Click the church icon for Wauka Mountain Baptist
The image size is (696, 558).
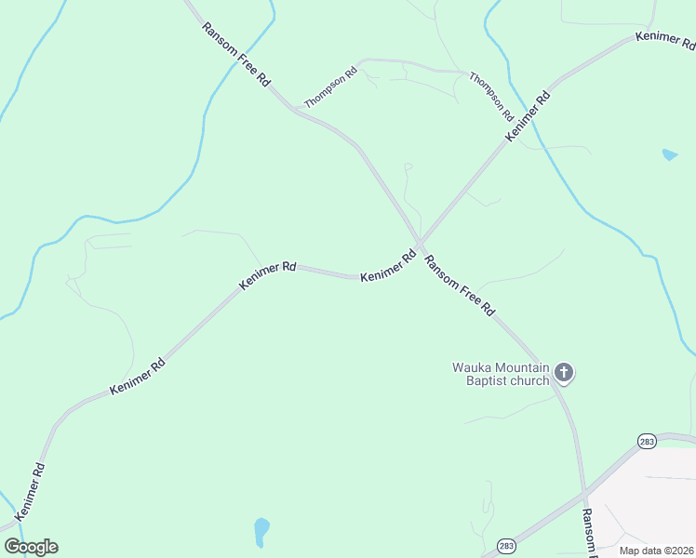coord(563,374)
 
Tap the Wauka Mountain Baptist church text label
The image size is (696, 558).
coord(502,374)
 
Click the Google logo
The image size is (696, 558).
coord(31,547)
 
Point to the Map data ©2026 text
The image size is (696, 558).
coord(656,551)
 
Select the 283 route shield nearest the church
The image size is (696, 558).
coord(647,441)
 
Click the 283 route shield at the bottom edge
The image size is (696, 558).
coord(505,545)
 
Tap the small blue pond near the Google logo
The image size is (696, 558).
coord(261,531)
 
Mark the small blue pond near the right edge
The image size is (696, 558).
coord(669,154)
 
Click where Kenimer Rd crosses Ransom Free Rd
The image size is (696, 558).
coord(420,245)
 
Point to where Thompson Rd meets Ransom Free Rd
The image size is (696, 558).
coord(297,110)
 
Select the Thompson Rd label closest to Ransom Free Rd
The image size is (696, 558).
coord(331,87)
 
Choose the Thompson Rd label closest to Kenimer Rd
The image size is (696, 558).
coord(491,97)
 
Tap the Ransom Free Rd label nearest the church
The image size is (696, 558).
coord(460,287)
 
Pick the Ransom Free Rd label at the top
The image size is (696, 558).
coord(235,55)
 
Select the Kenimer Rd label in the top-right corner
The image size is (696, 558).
coord(664,40)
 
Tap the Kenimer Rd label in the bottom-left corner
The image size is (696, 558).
coord(30,491)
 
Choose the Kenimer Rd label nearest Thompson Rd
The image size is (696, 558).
coord(528,116)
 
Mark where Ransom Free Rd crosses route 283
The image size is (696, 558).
coord(585,490)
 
